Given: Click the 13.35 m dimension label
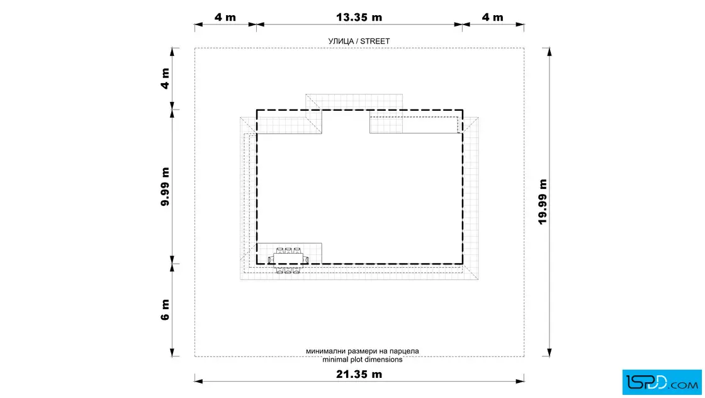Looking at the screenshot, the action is (x=359, y=17).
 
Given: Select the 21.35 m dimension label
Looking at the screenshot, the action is (x=359, y=374).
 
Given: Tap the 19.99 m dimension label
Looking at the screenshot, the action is (x=543, y=202).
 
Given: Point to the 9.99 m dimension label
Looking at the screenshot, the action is (x=165, y=186).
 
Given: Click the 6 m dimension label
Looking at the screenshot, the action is (x=165, y=310).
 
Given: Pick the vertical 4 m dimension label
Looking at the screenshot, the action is (x=165, y=78).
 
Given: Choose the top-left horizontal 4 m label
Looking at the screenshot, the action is (x=225, y=17).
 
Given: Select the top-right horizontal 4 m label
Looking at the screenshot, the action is (x=492, y=17).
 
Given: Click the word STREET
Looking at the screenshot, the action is (x=375, y=41).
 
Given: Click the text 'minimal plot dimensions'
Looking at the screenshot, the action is (x=363, y=360).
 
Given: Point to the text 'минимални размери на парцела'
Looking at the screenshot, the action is (x=363, y=351).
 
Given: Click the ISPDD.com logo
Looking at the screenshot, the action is (x=662, y=382).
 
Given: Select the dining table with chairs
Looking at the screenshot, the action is (x=288, y=260).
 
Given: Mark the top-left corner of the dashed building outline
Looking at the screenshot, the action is (x=257, y=110).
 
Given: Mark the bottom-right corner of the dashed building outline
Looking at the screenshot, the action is (x=463, y=264).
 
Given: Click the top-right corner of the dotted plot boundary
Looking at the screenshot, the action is (x=524, y=48).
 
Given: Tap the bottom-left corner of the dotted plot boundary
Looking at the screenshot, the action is (x=195, y=356).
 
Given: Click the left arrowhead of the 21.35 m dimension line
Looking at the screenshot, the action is (x=198, y=382).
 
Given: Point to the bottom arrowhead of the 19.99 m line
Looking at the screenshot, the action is (x=550, y=352).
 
